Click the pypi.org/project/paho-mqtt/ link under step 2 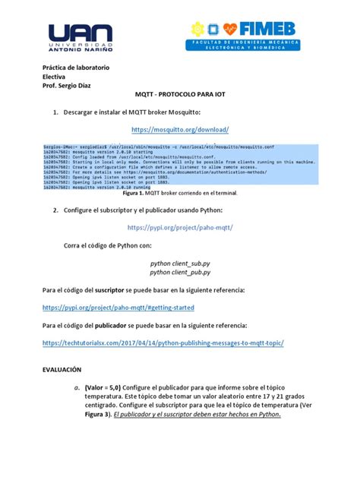(x=180, y=227)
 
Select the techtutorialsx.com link (x=163, y=343)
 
